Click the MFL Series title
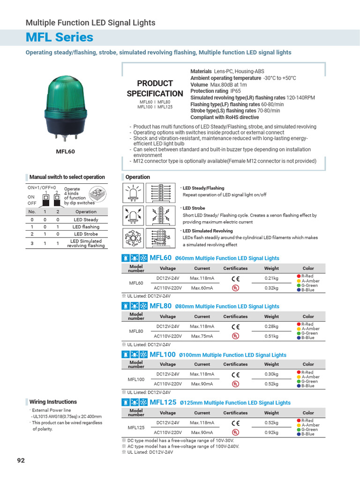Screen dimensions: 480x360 [x=60, y=37]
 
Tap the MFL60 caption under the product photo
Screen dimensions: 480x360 [x=65, y=151]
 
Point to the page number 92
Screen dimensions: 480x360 [x=21, y=460]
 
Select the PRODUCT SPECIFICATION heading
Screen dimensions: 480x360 [x=155, y=89]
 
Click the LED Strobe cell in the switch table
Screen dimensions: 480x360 [x=86, y=234]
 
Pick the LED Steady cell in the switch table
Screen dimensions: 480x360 [x=86, y=220]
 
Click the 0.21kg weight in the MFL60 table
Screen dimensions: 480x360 [x=271, y=278]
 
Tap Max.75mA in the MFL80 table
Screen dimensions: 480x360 [x=202, y=336]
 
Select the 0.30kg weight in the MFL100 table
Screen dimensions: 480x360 [x=271, y=375]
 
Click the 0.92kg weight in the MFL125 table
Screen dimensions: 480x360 [x=271, y=433]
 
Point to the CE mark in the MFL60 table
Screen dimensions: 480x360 [x=235, y=279]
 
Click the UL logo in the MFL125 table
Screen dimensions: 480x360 [x=235, y=433]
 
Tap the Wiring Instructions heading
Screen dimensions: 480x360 [x=53, y=402]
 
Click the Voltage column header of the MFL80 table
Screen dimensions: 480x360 [x=168, y=316]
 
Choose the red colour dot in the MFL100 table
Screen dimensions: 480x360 [x=299, y=372]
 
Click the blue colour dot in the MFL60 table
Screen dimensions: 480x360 [x=299, y=290]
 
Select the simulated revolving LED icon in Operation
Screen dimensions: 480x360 [x=134, y=238]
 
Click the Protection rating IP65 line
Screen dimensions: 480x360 [x=215, y=91]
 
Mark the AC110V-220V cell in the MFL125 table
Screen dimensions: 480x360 [x=168, y=433]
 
